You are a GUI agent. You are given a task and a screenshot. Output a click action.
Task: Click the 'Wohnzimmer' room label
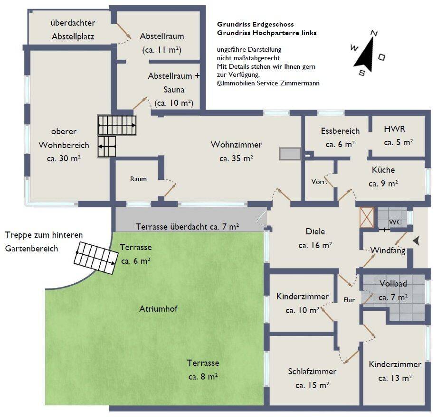[237, 145]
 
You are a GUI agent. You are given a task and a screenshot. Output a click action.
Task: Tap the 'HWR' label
[394, 129]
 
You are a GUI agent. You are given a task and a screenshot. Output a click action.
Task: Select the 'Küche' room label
[383, 169]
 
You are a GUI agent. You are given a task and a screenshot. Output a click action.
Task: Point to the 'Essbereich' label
[340, 130]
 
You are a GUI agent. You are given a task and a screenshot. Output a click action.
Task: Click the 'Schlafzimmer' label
[312, 371]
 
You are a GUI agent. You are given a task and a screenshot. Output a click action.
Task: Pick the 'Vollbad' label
[393, 283]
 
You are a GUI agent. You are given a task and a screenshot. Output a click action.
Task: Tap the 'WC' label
[395, 222]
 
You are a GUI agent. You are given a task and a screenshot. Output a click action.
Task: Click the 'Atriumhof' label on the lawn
[158, 308]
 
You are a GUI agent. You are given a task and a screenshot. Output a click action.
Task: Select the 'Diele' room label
[315, 232]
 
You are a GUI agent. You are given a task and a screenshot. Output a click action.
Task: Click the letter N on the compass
[375, 33]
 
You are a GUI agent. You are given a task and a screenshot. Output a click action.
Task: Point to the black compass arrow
[365, 54]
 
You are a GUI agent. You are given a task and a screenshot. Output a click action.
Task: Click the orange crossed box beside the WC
[367, 217]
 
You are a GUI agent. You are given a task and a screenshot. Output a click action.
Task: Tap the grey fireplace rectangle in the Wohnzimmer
[290, 154]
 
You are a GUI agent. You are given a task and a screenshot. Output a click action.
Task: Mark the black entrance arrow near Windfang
[417, 241]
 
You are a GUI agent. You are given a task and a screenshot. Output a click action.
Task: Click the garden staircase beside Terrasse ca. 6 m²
[95, 258]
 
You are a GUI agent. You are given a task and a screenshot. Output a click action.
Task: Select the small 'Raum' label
[138, 179]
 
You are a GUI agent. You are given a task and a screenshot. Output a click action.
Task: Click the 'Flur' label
[349, 300]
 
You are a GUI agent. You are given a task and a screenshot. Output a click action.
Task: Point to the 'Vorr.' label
[319, 182]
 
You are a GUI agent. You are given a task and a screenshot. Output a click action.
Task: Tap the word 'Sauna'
[174, 90]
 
